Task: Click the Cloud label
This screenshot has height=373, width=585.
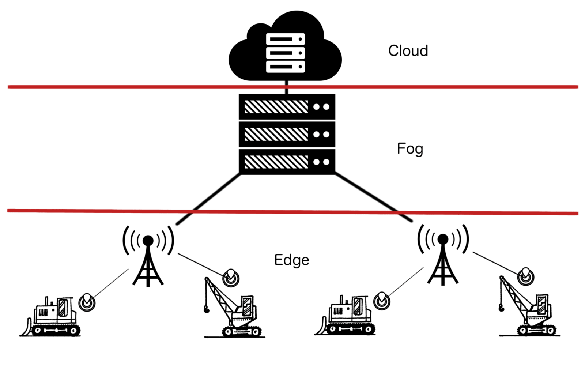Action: pos(408,51)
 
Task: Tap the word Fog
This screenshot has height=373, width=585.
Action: pos(410,149)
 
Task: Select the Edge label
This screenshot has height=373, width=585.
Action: pos(291,260)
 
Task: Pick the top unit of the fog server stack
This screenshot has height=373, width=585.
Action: pos(287,107)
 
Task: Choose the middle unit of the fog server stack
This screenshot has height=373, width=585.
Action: pos(287,134)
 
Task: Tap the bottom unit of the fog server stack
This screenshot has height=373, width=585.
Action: pos(287,162)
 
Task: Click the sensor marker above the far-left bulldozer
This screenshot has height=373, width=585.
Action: pos(87,302)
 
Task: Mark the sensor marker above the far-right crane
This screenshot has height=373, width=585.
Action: pos(526,276)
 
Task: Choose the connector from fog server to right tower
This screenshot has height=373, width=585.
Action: pos(373,198)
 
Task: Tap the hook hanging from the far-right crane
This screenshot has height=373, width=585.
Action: pos(501,308)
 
